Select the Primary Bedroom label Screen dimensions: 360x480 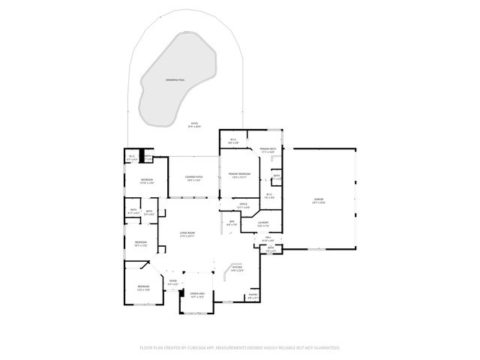coord(238,175)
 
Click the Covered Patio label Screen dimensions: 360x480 coord(193,178)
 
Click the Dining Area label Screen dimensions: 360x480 coord(197,295)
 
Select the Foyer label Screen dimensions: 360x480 coord(172,283)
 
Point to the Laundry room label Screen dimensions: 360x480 coord(263,223)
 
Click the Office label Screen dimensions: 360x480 coord(243,205)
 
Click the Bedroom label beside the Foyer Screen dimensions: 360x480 coord(142,288)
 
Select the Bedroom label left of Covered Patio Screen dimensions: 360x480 coord(147,181)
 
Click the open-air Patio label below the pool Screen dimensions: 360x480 coord(194,124)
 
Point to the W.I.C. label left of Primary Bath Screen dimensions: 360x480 coord(233,139)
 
